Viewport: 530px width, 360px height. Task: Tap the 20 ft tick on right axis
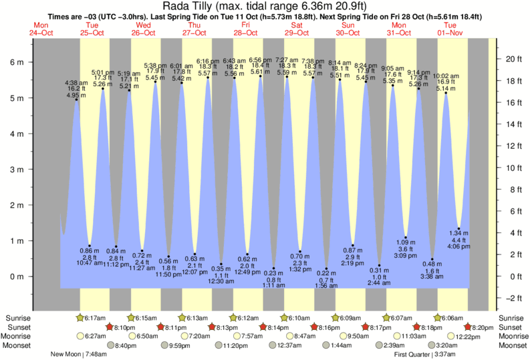coord(511,59)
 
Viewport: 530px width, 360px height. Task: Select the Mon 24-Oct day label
coord(42,29)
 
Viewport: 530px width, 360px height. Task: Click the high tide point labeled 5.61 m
coord(261,76)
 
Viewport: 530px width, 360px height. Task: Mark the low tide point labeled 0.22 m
coord(326,268)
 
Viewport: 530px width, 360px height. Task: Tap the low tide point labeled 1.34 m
coord(458,228)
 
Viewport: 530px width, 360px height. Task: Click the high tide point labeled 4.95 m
coord(76,100)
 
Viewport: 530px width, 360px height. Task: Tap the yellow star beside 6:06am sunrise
coord(438,317)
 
